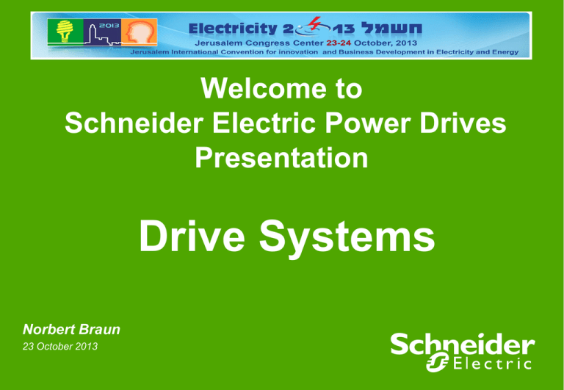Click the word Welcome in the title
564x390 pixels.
coord(242,90)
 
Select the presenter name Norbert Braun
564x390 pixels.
coord(72,331)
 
